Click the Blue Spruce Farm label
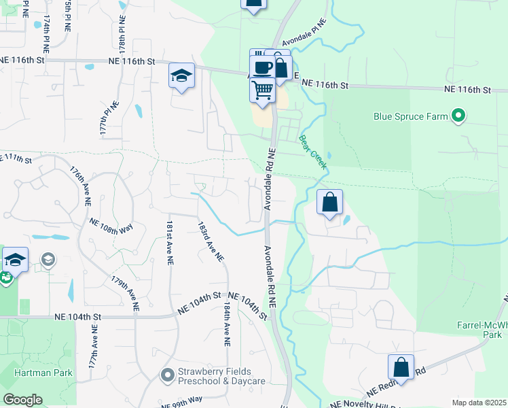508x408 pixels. click(411, 116)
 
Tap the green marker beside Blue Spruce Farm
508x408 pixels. click(458, 116)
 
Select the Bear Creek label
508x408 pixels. click(312, 152)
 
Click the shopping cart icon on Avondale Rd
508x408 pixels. click(262, 90)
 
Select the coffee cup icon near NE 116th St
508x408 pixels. click(263, 67)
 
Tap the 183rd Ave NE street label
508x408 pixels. click(211, 241)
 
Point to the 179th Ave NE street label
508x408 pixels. click(126, 293)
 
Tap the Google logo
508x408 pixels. click(22, 400)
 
